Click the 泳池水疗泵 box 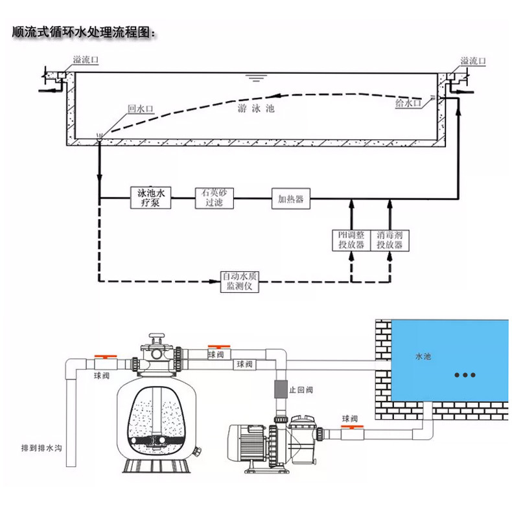150,198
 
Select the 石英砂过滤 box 214,198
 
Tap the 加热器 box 290,199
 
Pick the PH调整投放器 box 351,240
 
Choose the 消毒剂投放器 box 390,240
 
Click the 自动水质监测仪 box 239,282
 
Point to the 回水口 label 141,109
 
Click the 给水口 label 408,103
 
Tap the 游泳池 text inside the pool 256,108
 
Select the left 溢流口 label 86,60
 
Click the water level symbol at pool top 256,78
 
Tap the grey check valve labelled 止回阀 281,389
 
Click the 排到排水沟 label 41,448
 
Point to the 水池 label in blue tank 423,356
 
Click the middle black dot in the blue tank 465,375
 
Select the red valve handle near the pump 352,426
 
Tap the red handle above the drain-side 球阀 106,357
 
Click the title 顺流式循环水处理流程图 84,32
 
